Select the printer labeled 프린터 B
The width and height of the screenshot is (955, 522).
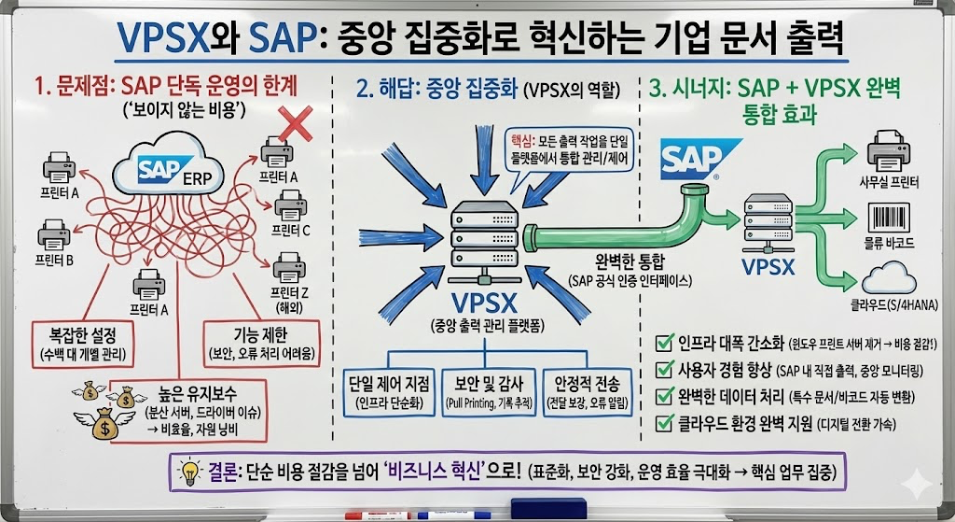(x=54, y=234)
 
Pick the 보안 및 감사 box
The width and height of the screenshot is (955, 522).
(x=483, y=391)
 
